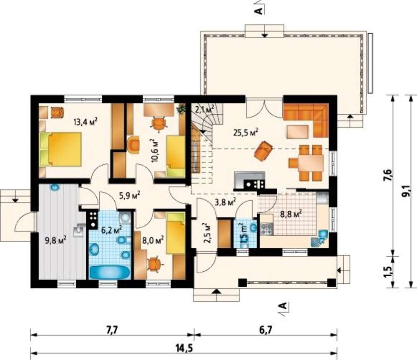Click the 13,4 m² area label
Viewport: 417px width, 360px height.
click(x=85, y=122)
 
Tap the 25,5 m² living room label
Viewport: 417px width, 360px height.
click(x=246, y=132)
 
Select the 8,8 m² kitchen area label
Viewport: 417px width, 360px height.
click(x=291, y=214)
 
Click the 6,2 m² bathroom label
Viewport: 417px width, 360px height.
click(x=112, y=229)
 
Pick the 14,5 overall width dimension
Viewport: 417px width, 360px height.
click(x=184, y=348)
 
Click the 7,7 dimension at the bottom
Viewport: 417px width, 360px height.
click(x=112, y=330)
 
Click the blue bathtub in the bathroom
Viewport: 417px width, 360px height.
click(x=110, y=272)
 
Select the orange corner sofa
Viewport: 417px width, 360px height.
click(x=306, y=120)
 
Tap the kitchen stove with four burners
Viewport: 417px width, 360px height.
click(x=267, y=229)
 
